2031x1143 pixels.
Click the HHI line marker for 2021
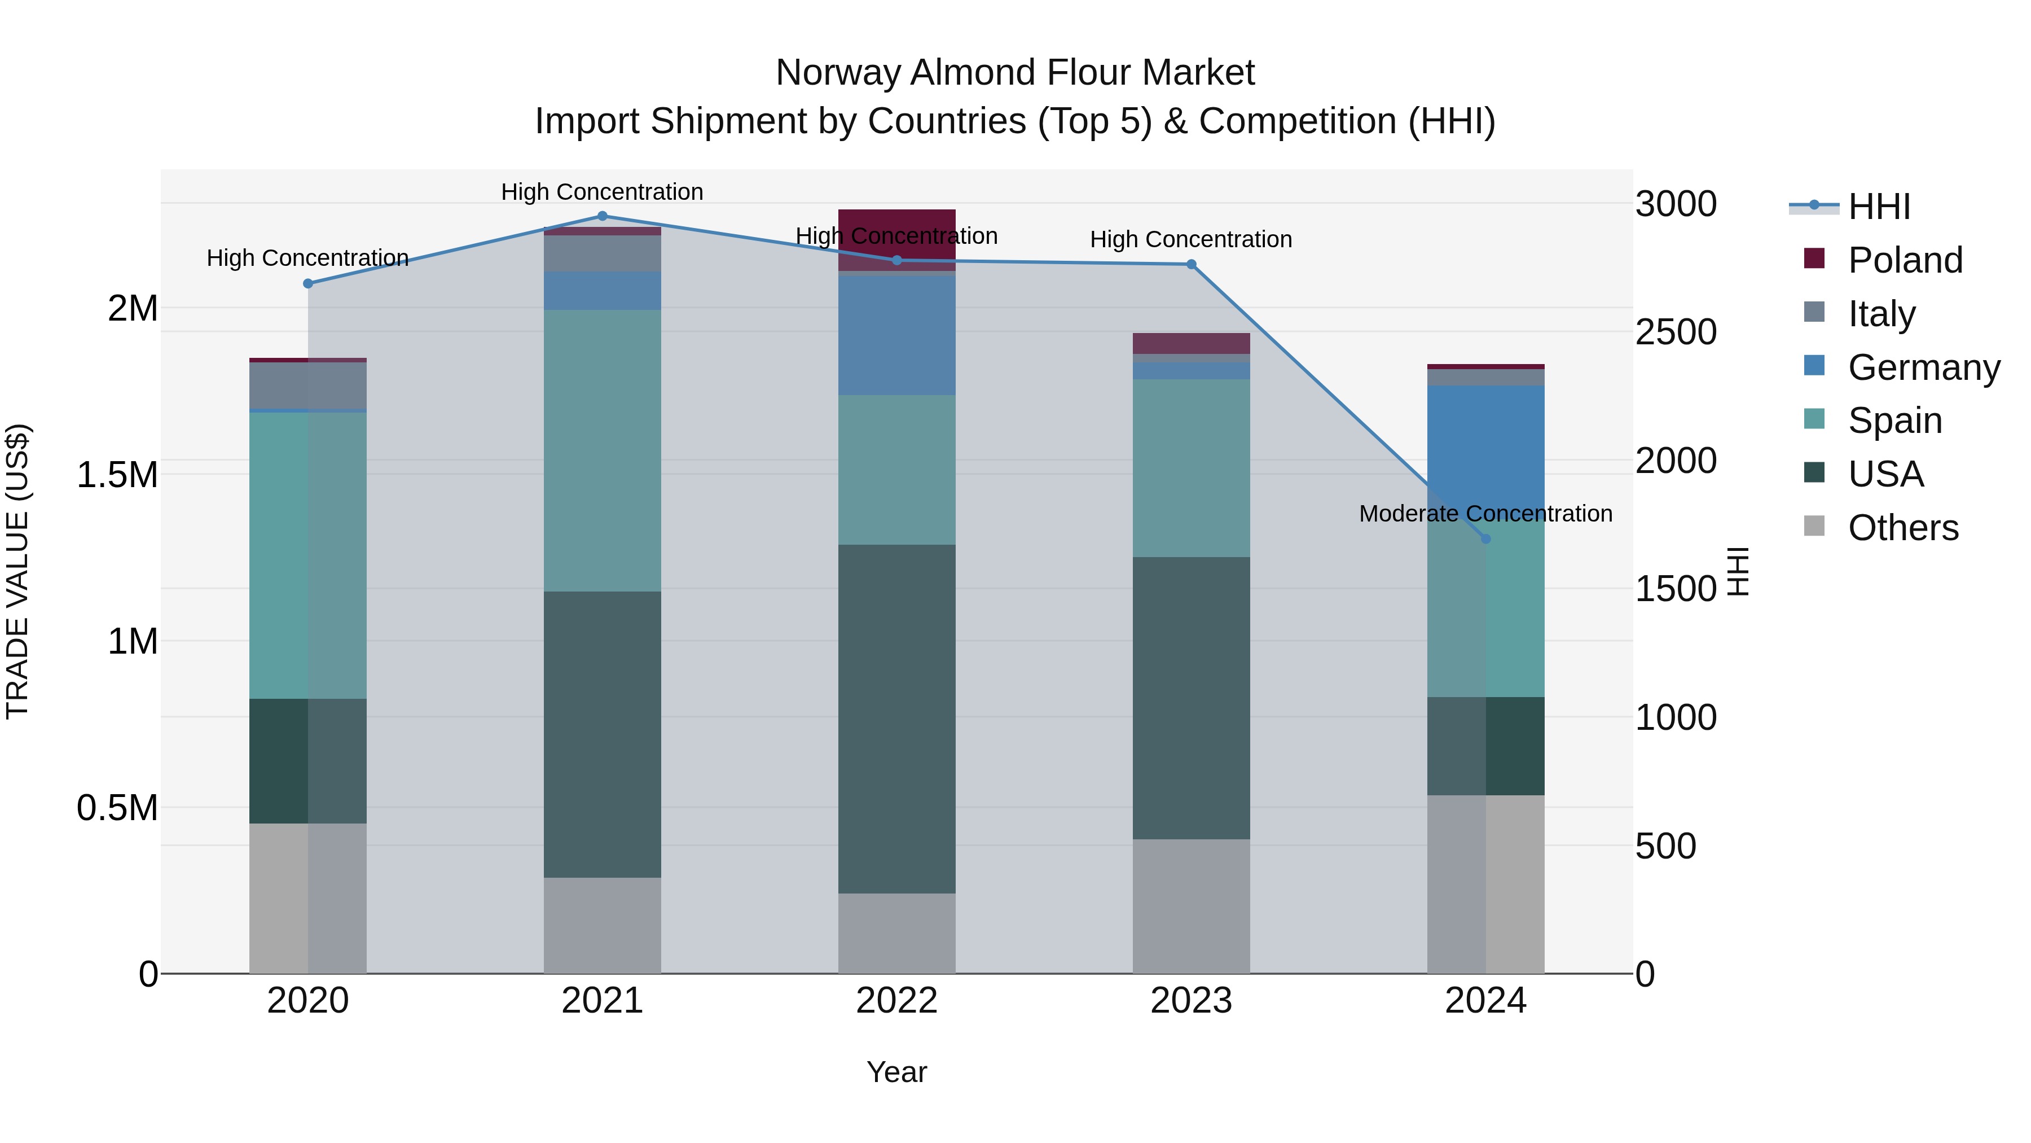(603, 216)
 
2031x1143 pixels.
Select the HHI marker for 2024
(1485, 539)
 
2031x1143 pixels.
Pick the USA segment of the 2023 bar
(1190, 698)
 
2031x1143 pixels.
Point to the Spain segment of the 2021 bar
(603, 450)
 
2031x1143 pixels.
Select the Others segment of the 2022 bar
(896, 933)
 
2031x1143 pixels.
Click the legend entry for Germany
(1924, 367)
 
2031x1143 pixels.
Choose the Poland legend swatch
(1814, 259)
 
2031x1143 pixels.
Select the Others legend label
(1903, 528)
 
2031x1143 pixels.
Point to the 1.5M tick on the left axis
(117, 475)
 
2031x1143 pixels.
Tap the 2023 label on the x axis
(1190, 1001)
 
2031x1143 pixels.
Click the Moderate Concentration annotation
(1485, 514)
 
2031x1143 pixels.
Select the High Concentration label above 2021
(603, 192)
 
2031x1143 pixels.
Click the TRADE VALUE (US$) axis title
(17, 571)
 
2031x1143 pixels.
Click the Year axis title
(896, 1072)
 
